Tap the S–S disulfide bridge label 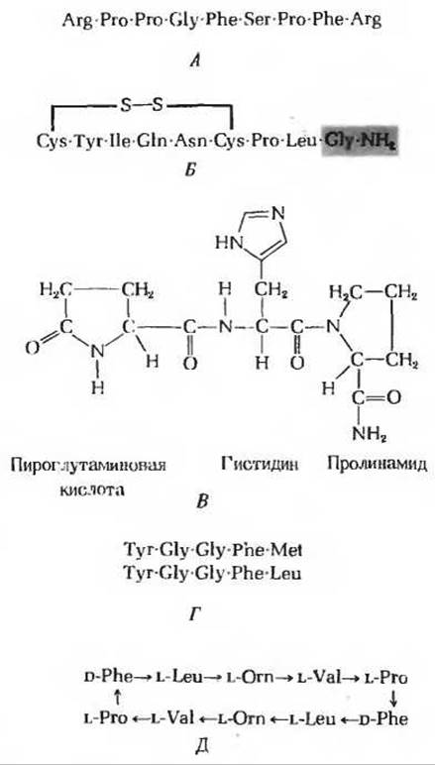tap(142, 106)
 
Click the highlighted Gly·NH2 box tap(360, 141)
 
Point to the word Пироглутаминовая tap(88, 464)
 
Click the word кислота tap(91, 490)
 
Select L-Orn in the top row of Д tap(249, 678)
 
